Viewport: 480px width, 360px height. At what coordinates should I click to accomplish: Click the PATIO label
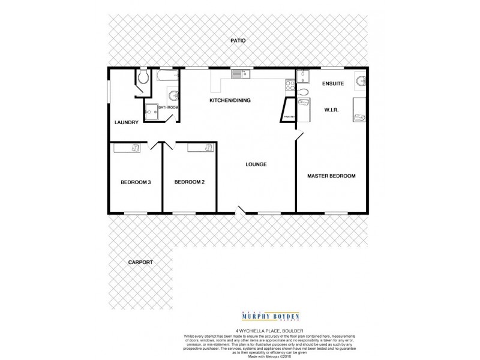(x=238, y=41)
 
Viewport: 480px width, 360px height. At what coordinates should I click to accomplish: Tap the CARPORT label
(x=140, y=262)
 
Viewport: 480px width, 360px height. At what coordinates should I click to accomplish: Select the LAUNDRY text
(x=126, y=122)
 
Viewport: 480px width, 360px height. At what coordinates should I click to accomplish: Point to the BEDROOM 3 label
(x=136, y=182)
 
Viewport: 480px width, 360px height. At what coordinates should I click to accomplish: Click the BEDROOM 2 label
(x=190, y=182)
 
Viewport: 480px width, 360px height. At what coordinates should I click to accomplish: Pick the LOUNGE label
(x=256, y=164)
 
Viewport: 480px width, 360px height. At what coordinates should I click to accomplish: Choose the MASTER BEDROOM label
(x=331, y=176)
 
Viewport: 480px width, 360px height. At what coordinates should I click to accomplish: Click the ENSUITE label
(x=332, y=83)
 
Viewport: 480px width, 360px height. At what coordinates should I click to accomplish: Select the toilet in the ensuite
(x=303, y=92)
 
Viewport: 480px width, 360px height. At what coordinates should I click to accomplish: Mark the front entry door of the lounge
(x=241, y=211)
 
